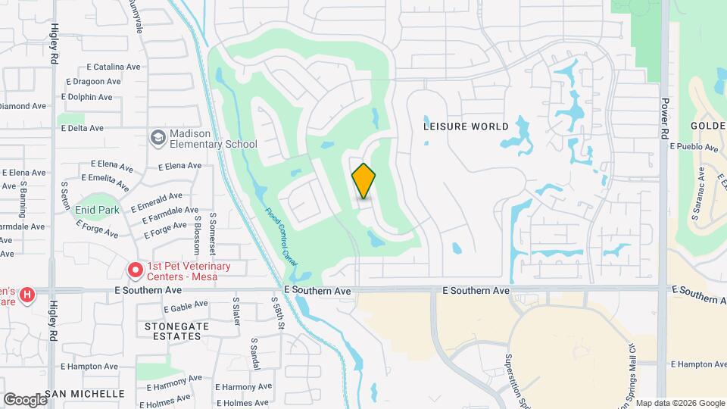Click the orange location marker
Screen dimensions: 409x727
tap(363, 180)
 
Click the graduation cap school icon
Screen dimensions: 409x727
tap(158, 138)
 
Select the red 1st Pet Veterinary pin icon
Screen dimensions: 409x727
tap(135, 270)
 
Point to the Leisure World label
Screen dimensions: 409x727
tap(466, 126)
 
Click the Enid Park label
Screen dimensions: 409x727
tap(98, 209)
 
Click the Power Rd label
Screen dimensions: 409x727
tap(664, 117)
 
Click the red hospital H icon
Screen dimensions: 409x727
tap(27, 294)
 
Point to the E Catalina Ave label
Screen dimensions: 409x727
tap(114, 67)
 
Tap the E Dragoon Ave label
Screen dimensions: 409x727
tap(94, 82)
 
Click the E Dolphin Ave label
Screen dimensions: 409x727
tap(86, 97)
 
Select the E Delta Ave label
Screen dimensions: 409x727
tap(81, 128)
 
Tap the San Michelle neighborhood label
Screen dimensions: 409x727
tap(84, 394)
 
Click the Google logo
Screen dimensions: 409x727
tap(24, 400)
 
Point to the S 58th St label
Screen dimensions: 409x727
tap(278, 312)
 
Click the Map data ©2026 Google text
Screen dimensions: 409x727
tap(680, 403)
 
